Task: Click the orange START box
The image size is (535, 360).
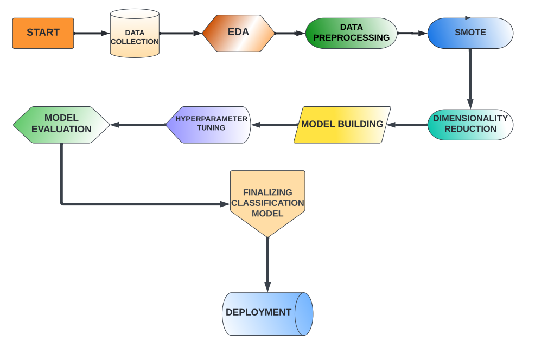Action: pyautogui.click(x=43, y=33)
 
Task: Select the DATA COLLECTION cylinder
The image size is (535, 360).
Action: pyautogui.click(x=135, y=34)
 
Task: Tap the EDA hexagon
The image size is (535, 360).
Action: pyautogui.click(x=238, y=33)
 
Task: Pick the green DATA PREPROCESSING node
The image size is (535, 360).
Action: pyautogui.click(x=351, y=33)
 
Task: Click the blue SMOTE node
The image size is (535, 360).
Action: pyautogui.click(x=470, y=33)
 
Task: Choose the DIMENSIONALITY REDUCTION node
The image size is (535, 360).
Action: pyautogui.click(x=470, y=125)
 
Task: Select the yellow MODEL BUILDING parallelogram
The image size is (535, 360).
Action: pyautogui.click(x=342, y=125)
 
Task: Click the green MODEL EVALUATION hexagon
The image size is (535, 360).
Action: pyautogui.click(x=61, y=125)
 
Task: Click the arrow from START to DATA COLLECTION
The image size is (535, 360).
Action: pyautogui.click(x=92, y=33)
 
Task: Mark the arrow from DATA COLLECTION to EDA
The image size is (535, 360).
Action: pyautogui.click(x=181, y=33)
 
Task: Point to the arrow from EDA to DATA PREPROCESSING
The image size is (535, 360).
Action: pyautogui.click(x=290, y=33)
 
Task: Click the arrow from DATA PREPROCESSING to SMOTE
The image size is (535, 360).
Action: pyautogui.click(x=412, y=33)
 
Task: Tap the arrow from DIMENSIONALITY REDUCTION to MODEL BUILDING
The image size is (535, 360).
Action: pyautogui.click(x=407, y=125)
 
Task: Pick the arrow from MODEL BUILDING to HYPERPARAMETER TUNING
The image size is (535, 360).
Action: pyautogui.click(x=272, y=125)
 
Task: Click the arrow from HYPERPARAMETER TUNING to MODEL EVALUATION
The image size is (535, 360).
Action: pyautogui.click(x=138, y=125)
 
